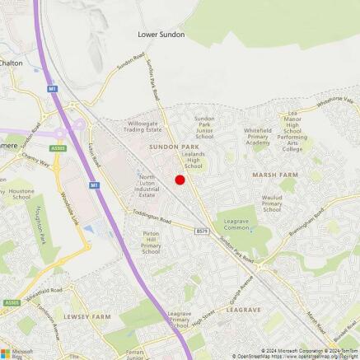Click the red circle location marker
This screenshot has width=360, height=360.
(180, 180)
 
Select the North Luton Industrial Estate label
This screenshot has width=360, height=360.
(147, 185)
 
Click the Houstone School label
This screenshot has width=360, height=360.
(21, 195)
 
